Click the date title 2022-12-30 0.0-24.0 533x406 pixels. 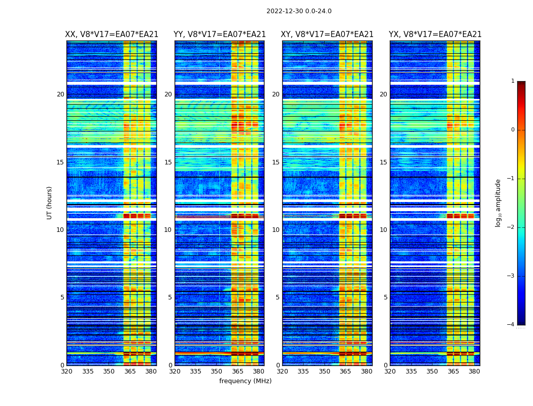(x=298, y=11)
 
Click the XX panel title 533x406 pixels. (x=112, y=35)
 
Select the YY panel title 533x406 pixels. (x=219, y=35)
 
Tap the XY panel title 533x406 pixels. (x=327, y=35)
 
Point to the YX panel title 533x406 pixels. (x=435, y=35)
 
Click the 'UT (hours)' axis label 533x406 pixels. (x=50, y=202)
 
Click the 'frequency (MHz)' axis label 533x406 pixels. (x=245, y=381)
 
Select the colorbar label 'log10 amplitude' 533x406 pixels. (x=498, y=202)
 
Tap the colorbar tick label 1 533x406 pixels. (x=512, y=81)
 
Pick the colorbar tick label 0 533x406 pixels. (x=512, y=130)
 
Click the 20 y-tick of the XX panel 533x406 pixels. (x=60, y=94)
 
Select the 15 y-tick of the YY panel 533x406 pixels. (x=168, y=162)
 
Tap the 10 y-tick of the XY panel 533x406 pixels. (x=276, y=230)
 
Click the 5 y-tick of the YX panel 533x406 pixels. (x=385, y=297)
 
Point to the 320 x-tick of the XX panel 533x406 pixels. (x=66, y=371)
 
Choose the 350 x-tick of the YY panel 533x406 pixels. (x=217, y=371)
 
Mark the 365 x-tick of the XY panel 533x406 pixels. (x=345, y=371)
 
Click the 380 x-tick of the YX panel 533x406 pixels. (x=474, y=371)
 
